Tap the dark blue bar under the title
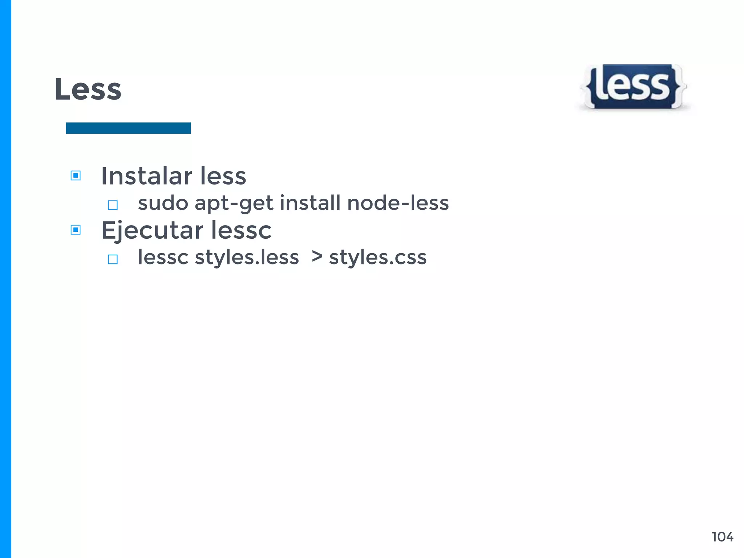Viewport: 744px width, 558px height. point(128,128)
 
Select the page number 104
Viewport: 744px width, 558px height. point(722,537)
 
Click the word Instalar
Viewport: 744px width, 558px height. point(146,176)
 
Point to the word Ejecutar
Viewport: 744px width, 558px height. point(152,231)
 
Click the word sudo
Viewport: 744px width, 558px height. point(163,203)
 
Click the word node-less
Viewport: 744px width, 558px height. point(398,203)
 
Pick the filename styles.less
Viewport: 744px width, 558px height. point(247,258)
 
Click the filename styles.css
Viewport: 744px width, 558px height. point(377,258)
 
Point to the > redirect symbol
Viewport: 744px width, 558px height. point(317,256)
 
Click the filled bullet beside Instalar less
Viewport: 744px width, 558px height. point(76,176)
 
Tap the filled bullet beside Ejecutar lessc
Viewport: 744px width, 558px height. point(76,230)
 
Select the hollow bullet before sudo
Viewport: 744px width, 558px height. point(113,205)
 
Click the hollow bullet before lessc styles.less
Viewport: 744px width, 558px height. point(113,259)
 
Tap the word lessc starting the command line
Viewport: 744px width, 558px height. point(163,258)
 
